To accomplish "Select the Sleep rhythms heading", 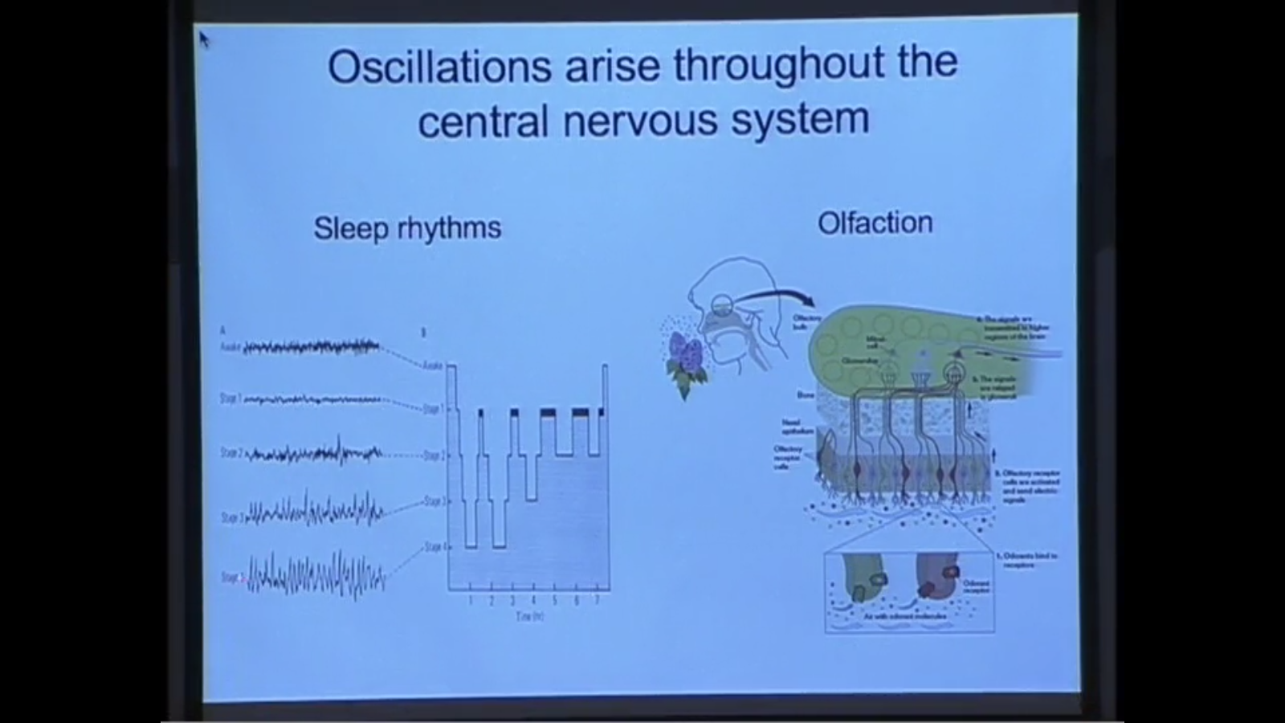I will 407,228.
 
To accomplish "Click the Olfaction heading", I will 875,223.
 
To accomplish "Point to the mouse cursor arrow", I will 203,38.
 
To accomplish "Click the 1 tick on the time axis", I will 471,601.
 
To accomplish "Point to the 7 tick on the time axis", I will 597,601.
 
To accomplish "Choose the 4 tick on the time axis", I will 533,601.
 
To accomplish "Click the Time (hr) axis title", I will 531,616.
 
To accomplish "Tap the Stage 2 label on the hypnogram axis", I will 434,455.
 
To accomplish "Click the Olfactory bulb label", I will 806,322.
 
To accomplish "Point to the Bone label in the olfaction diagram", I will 805,395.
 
